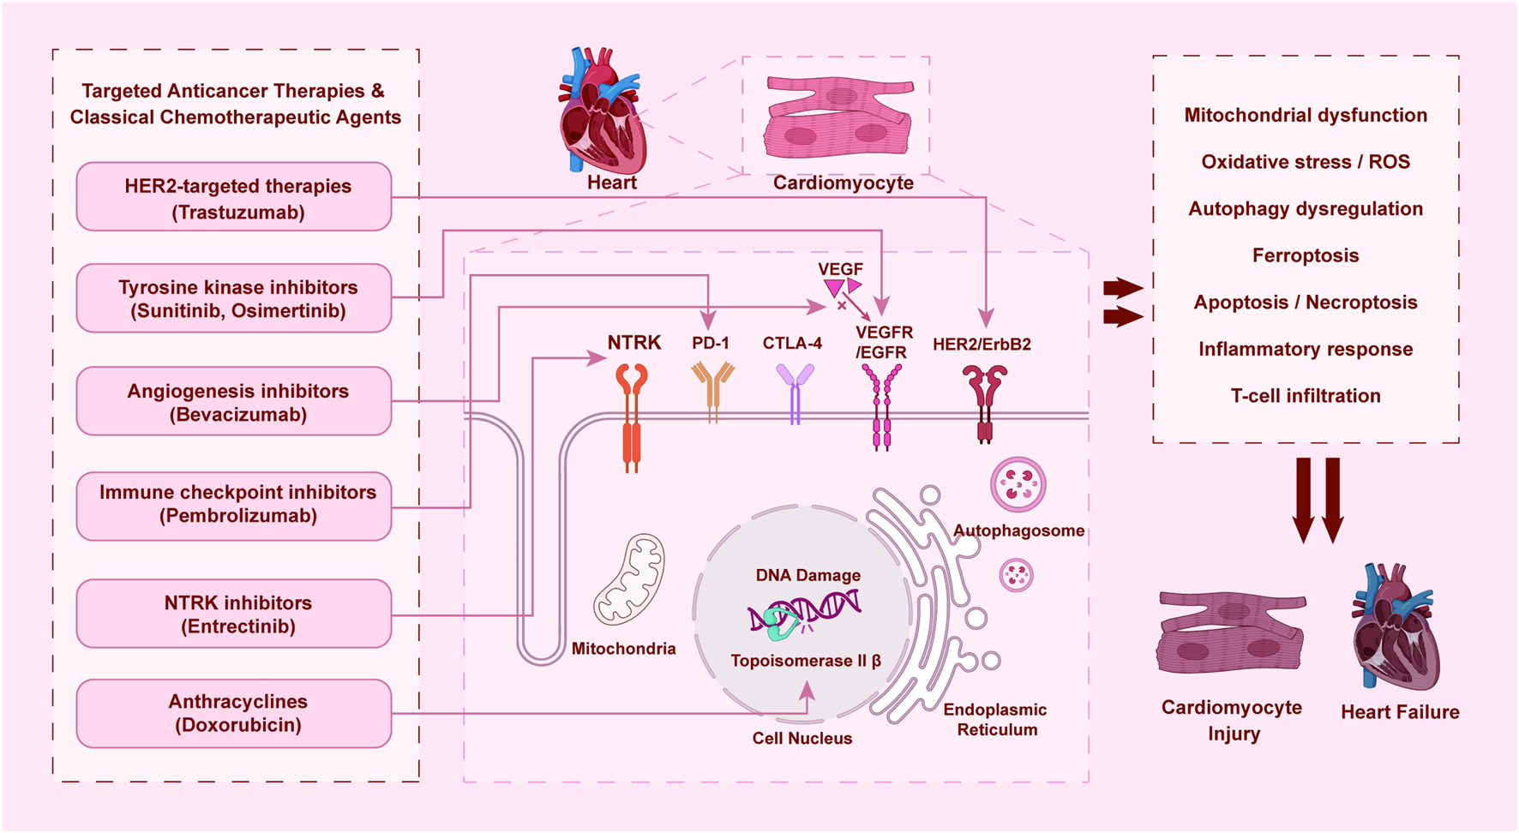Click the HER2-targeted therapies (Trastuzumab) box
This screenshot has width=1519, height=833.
pyautogui.click(x=234, y=197)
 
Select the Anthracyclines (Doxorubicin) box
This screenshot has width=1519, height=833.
pyautogui.click(x=234, y=713)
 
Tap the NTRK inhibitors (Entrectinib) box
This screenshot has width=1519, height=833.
pyautogui.click(x=234, y=614)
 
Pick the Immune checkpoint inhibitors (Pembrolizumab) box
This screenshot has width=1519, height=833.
pyautogui.click(x=234, y=506)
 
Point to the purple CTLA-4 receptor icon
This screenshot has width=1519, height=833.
pyautogui.click(x=795, y=393)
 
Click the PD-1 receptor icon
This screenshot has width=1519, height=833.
pyautogui.click(x=712, y=390)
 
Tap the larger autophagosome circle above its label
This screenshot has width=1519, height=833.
pyautogui.click(x=1018, y=484)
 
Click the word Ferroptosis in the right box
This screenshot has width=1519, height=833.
pyautogui.click(x=1305, y=255)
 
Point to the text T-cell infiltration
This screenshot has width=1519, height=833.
pyautogui.click(x=1305, y=396)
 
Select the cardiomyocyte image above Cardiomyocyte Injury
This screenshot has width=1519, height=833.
pyautogui.click(x=1231, y=634)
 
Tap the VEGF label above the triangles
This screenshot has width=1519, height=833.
pyautogui.click(x=840, y=269)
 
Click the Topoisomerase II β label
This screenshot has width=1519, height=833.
pyautogui.click(x=806, y=661)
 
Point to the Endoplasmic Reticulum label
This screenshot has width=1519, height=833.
pyautogui.click(x=995, y=720)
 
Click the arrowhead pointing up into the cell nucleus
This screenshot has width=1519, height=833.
pyautogui.click(x=807, y=689)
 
